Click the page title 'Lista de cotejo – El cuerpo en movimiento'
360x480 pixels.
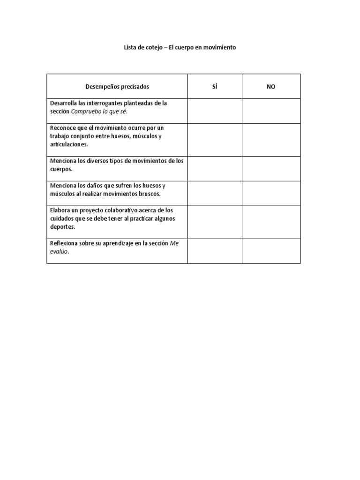tap(180, 48)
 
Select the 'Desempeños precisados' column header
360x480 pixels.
tap(117, 87)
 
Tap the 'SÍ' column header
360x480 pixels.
tap(215, 87)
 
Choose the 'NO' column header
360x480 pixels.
tap(271, 87)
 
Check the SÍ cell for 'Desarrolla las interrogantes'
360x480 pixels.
tap(215, 111)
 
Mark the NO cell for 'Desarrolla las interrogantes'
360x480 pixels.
tap(271, 111)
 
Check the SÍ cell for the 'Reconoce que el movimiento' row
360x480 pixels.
tap(215, 140)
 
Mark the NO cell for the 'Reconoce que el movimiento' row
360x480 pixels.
tap(271, 140)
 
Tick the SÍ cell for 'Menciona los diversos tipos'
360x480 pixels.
tap(215, 169)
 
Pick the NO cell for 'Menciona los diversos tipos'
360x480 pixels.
tap(271, 169)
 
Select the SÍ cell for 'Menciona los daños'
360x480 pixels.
tap(215, 194)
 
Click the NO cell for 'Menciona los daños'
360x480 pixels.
tap(271, 194)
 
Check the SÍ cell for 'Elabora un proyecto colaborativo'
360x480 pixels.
tap(215, 222)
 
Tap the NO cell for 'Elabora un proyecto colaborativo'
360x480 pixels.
tap(271, 222)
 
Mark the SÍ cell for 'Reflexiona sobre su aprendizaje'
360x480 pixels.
tap(215, 251)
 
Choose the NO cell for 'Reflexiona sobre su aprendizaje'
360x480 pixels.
tap(271, 251)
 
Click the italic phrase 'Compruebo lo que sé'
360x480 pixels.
tap(99, 112)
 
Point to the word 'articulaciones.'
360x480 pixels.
tap(69, 144)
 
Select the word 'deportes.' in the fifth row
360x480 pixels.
tap(62, 227)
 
